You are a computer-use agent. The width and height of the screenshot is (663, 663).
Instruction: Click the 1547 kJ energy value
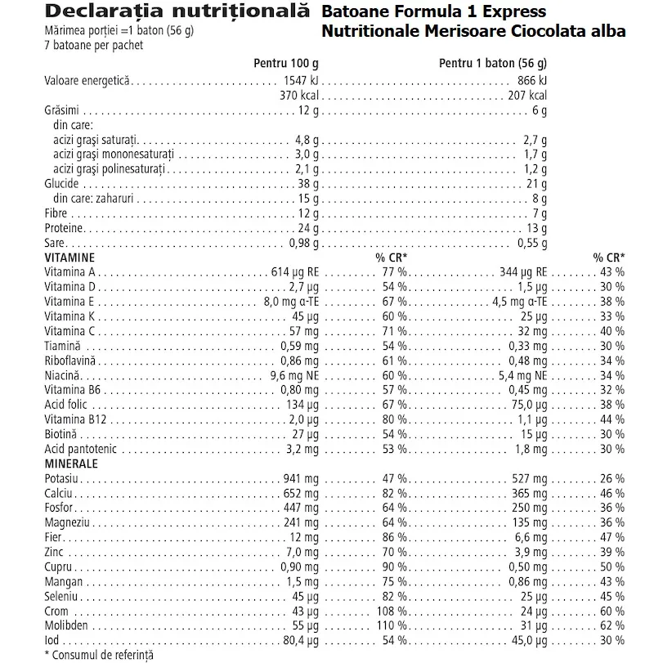(298, 81)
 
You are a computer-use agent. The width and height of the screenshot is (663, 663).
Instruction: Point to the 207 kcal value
(525, 95)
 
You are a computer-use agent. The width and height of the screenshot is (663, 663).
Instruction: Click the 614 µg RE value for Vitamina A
(293, 271)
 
